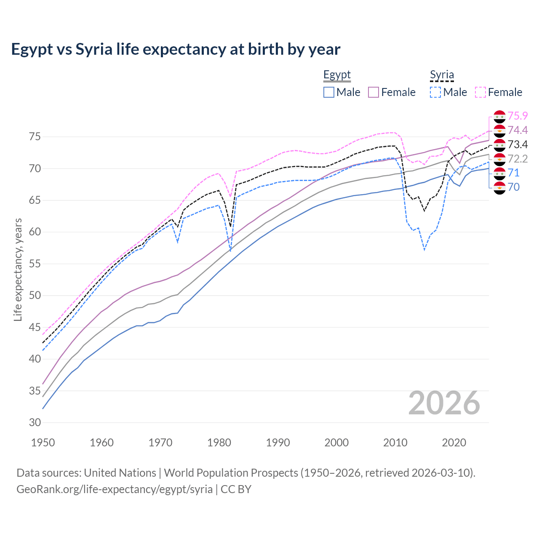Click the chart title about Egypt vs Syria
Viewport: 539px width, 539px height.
pos(176,49)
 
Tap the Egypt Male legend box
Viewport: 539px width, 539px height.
pos(329,92)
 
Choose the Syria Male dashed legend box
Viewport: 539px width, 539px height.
pos(435,92)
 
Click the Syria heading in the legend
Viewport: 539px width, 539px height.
pos(442,75)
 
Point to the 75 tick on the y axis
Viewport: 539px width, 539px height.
pos(35,137)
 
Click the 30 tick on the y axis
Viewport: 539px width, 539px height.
pos(35,422)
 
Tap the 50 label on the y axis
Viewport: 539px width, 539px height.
pos(35,296)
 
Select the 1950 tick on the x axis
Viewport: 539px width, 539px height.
pos(43,443)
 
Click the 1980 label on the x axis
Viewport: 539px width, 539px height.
pos(219,443)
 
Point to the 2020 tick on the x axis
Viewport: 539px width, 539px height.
pos(454,443)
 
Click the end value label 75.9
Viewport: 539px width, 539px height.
pos(518,116)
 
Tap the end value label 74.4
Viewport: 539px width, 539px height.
pos(518,130)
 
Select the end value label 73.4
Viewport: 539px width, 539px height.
pos(518,144)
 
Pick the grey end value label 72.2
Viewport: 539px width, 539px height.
pos(518,159)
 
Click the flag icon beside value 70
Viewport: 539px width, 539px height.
pos(499,188)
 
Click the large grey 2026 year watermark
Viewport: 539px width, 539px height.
pos(444,403)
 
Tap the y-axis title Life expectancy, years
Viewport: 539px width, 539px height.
pos(18,269)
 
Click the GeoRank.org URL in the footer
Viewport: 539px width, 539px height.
pos(115,489)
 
